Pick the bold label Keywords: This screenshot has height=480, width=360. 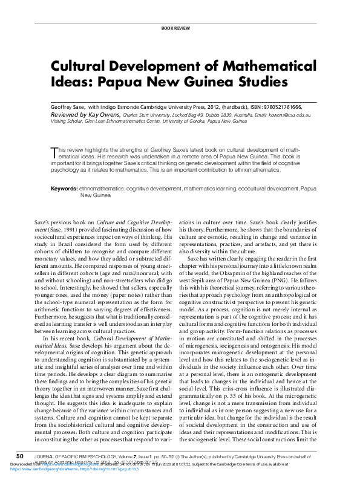(64, 189)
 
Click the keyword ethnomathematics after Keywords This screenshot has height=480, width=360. (101, 189)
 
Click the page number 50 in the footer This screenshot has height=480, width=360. (19, 455)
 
